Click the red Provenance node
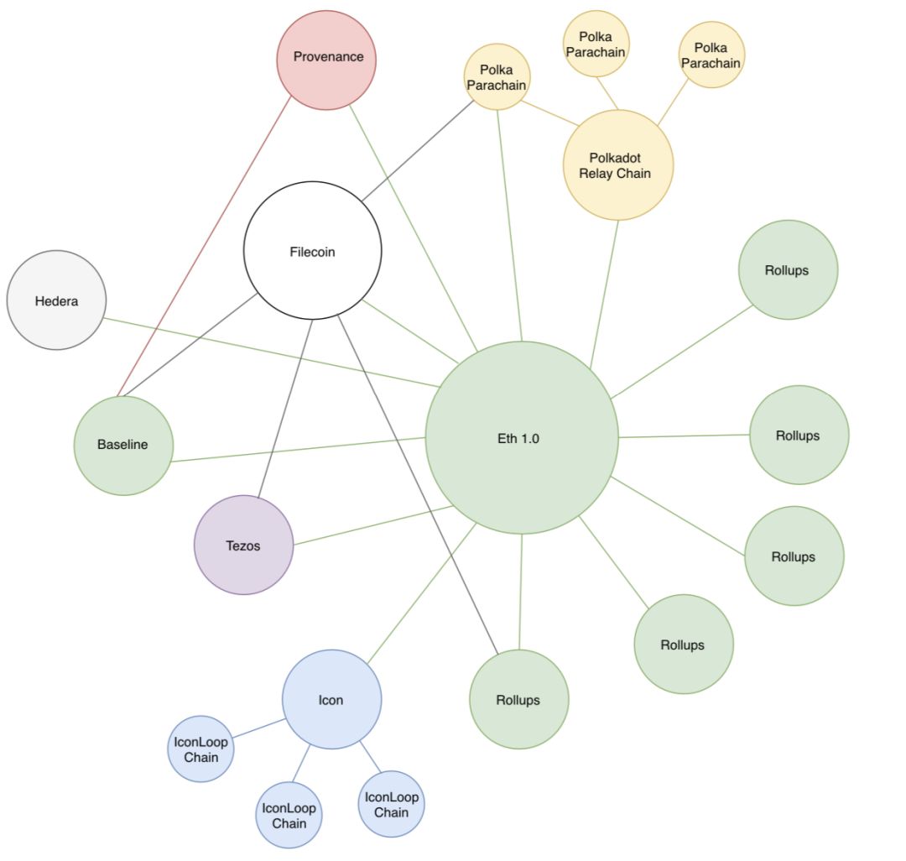(326, 60)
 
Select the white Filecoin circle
(312, 251)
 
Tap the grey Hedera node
(56, 300)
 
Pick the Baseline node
(123, 445)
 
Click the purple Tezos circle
(243, 545)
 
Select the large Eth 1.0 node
(521, 437)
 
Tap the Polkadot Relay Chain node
(617, 165)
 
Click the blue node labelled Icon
(331, 699)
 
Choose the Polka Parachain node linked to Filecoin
(497, 77)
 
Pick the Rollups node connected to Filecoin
(518, 699)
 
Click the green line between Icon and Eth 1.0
(422, 592)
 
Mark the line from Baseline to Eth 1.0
(298, 449)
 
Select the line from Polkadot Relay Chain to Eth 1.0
(604, 294)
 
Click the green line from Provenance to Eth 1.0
(413, 228)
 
